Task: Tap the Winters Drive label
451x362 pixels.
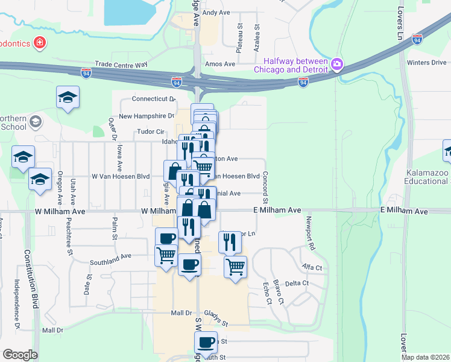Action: click(426, 62)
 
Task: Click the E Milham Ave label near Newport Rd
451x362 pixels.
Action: click(277, 209)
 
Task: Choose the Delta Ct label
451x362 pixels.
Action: click(297, 283)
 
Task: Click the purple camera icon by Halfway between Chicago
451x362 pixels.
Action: click(337, 63)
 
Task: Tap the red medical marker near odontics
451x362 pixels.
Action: click(40, 43)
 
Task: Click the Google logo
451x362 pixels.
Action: click(20, 355)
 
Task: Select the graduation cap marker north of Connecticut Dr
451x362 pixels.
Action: click(68, 97)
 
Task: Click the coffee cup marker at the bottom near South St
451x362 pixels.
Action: click(206, 343)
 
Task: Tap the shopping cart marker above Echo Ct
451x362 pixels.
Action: click(235, 266)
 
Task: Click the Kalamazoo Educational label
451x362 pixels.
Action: click(426, 177)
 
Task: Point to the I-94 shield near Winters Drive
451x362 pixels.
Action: click(417, 39)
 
